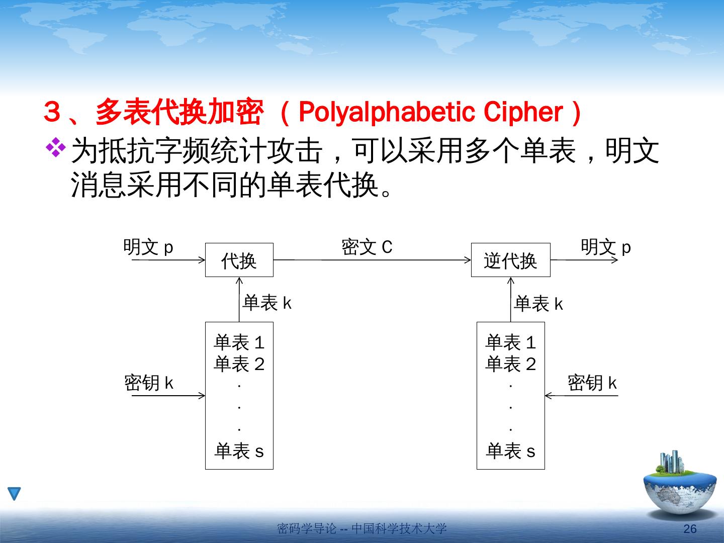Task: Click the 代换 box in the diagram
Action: coord(239,260)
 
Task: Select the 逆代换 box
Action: coord(510,260)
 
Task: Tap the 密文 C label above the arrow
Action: coord(367,247)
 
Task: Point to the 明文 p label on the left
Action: coord(148,247)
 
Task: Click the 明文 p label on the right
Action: coord(605,247)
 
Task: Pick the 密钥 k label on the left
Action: coord(149,383)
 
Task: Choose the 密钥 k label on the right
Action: coord(592,383)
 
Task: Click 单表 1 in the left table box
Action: coord(239,343)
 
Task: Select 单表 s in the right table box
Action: coord(510,451)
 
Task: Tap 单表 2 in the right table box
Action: coord(510,364)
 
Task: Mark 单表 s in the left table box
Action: coord(239,451)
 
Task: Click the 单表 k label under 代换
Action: coord(267,303)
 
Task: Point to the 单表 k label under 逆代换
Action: coord(538,304)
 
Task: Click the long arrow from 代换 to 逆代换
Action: coord(372,260)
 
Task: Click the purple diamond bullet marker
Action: coord(56,147)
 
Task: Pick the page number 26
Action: coord(690,528)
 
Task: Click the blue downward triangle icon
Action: coord(15,493)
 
